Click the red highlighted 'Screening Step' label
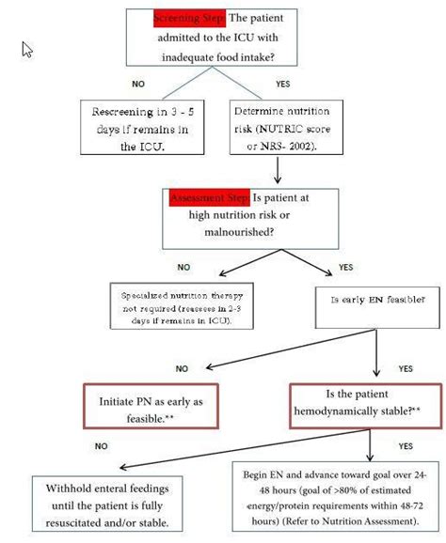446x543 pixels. [187, 18]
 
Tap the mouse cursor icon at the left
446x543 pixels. [28, 49]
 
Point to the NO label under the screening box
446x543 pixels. [138, 84]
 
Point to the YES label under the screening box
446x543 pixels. [282, 84]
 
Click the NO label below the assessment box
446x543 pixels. [183, 267]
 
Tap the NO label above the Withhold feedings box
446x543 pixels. [101, 446]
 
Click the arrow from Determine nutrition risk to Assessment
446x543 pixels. [277, 169]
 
